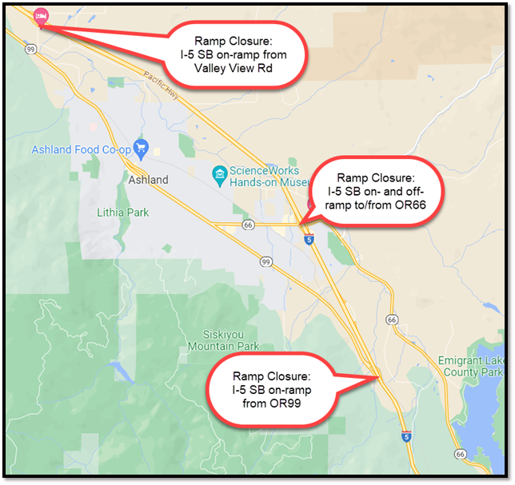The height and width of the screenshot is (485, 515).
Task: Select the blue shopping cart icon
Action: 142,147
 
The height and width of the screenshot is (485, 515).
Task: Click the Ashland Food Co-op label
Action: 80,149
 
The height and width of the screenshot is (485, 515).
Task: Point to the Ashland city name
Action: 148,180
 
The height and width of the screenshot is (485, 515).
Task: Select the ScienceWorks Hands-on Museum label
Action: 265,177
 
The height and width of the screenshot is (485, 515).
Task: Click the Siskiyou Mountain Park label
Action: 224,341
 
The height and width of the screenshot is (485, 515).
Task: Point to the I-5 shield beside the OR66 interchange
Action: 309,238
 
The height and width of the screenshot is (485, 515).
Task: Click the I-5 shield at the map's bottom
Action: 406,436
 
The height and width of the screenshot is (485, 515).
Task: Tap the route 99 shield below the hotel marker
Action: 30,50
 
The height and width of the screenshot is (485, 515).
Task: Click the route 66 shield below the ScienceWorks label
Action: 249,226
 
